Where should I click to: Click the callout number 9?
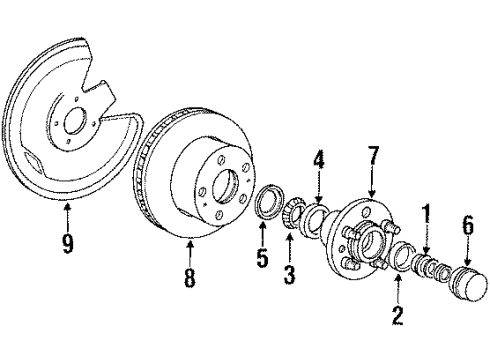pos(68,243)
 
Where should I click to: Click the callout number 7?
pos(372,156)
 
